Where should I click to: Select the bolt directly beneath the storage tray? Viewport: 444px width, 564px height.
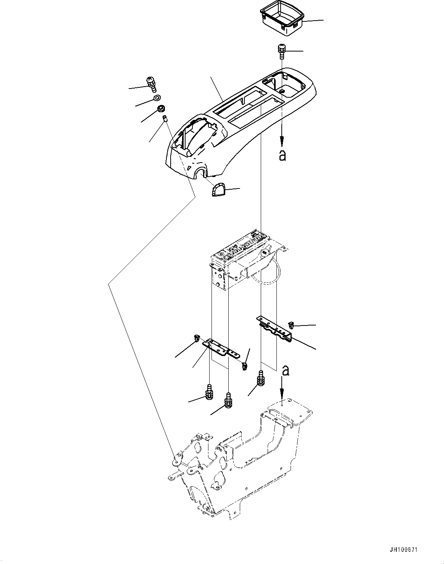[x=282, y=50]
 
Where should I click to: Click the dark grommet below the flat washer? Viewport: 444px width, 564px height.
[x=161, y=109]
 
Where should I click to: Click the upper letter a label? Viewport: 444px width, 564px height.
[x=282, y=155]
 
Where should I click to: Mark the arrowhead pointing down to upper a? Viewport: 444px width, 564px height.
[x=282, y=142]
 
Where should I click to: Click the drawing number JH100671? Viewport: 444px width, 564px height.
[x=404, y=550]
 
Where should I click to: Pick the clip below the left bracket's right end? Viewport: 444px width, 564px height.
[x=244, y=366]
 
